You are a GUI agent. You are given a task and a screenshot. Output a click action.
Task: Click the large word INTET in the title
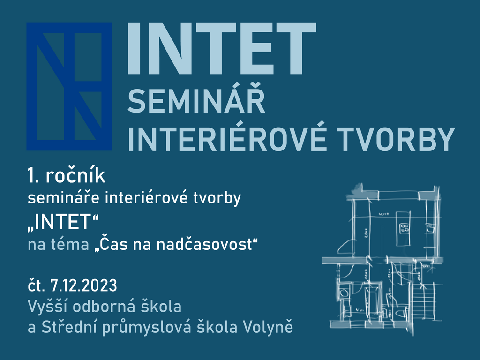pos(222,48)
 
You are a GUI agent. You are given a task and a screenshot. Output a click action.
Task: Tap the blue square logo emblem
pos(69,86)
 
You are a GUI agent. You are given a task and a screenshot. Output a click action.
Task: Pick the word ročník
pos(75,176)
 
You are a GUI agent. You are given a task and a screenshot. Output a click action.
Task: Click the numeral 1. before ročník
pos(33,176)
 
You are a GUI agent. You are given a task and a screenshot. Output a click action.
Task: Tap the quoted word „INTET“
pos(63,222)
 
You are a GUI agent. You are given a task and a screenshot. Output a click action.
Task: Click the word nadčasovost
pos(204,244)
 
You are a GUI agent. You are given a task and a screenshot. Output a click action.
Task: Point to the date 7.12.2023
pos(83,285)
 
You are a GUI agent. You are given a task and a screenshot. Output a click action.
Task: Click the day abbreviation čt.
pos(37,285)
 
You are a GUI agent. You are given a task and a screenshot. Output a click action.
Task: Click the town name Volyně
pos(268,326)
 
